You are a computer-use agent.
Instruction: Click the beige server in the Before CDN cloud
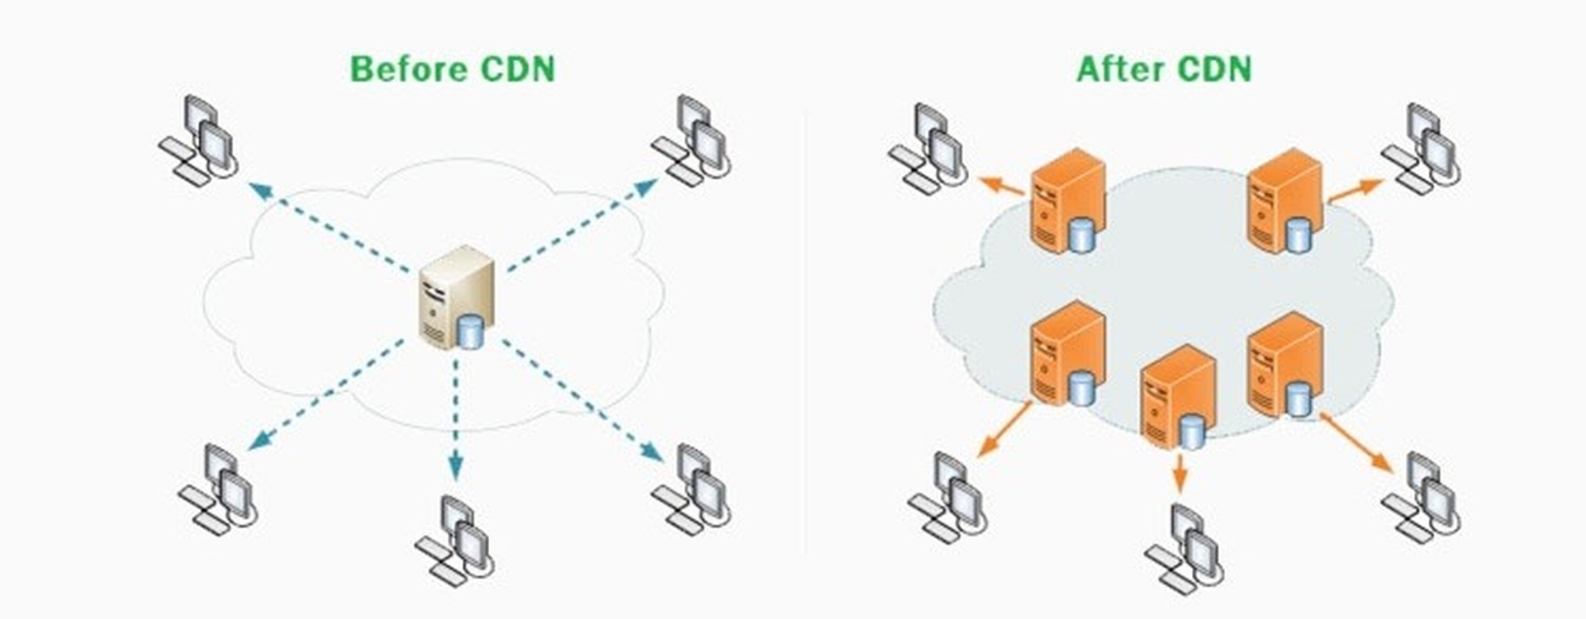point(456,297)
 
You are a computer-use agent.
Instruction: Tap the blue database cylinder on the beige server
point(470,332)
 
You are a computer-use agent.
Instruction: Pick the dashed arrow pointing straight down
point(454,420)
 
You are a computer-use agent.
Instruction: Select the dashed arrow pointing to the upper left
point(330,228)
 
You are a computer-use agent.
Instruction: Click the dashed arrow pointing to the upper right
point(582,224)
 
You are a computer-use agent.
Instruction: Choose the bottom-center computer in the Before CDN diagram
point(455,541)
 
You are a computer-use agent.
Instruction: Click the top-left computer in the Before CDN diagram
point(199,141)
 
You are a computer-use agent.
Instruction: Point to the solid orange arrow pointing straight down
point(1180,474)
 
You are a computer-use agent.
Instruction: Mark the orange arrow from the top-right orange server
point(1355,191)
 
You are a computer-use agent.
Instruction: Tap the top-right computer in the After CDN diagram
point(1422,149)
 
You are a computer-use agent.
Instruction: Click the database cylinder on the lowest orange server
point(1190,432)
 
